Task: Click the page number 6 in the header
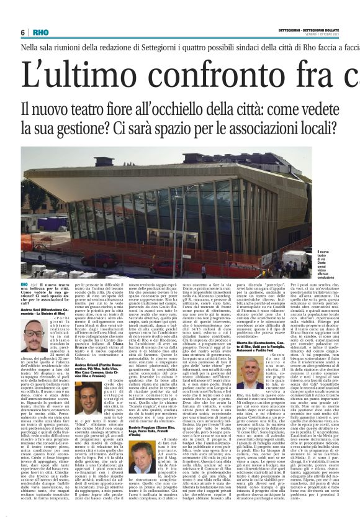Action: click(x=23, y=32)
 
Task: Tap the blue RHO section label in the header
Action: click(x=40, y=32)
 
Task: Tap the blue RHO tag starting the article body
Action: click(x=26, y=284)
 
